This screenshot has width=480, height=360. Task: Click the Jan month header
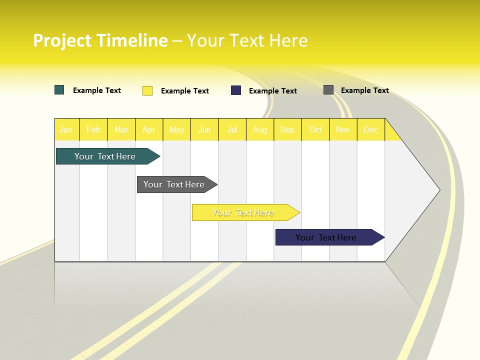point(66,129)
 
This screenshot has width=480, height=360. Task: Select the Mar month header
point(121,129)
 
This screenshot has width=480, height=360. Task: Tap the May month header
point(176,129)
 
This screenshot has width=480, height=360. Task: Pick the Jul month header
point(232,129)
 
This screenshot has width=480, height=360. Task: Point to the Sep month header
point(287,129)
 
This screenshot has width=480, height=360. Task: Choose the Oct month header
point(315,129)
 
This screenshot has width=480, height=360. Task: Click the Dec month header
point(370,129)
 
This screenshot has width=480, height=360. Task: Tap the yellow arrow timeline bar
point(243,212)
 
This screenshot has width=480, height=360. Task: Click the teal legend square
point(59,90)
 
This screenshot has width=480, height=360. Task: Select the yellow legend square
point(147,90)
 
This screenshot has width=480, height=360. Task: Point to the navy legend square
point(236,90)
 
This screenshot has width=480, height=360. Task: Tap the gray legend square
point(328,90)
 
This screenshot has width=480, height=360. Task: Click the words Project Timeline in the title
point(100,40)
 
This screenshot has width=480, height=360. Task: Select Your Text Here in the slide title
point(247,40)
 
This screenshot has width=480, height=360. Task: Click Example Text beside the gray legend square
point(364,90)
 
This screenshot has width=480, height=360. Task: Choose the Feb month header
point(93,129)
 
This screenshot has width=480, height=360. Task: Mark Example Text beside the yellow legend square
point(184,91)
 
